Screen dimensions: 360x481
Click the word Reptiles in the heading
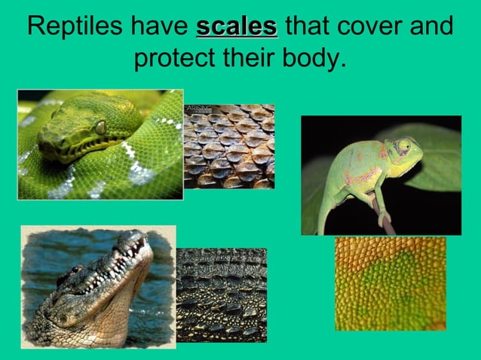(75, 27)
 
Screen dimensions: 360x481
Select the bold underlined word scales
(236, 27)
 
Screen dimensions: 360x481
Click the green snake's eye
(100, 127)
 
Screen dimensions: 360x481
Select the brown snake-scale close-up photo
(229, 146)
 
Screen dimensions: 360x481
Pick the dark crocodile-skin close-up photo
(221, 295)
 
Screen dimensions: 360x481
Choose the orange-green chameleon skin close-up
(390, 283)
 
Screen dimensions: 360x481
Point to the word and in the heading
(433, 27)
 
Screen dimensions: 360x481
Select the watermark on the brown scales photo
(198, 110)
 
